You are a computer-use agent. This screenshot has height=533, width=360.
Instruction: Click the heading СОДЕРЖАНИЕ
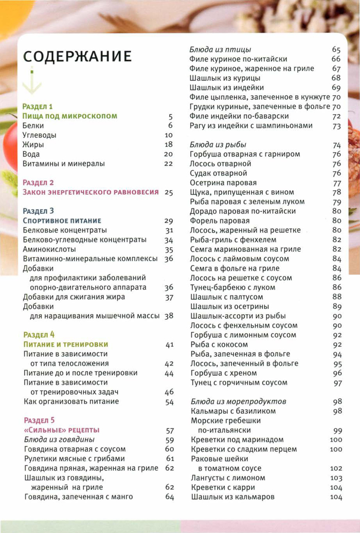[77, 56]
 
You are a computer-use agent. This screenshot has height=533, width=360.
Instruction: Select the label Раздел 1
[38, 107]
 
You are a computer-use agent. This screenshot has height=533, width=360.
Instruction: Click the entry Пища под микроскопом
[70, 117]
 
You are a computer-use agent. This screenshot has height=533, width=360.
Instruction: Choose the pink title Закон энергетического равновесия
[90, 192]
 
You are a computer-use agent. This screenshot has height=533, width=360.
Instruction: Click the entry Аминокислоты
[48, 249]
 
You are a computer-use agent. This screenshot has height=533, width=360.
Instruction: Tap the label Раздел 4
[39, 335]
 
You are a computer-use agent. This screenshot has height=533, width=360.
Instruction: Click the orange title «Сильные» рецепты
[61, 430]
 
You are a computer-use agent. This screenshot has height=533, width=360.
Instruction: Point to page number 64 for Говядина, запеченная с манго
[170, 497]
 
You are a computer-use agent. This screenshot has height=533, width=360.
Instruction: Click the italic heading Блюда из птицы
[221, 50]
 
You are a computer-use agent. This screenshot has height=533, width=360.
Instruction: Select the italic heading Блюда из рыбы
[218, 145]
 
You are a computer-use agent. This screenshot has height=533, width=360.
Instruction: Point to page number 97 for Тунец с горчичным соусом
[337, 383]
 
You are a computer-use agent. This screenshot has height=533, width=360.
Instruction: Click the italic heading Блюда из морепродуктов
[239, 401]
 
